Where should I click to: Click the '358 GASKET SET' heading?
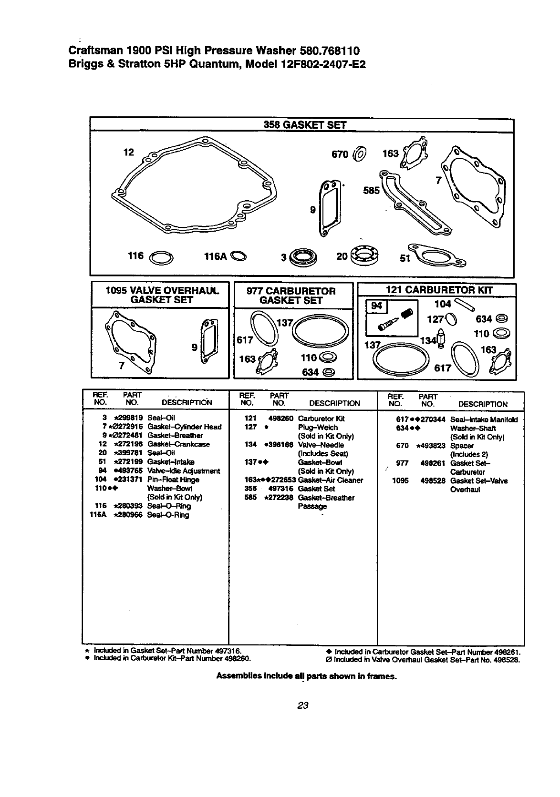(305, 125)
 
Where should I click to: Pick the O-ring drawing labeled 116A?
(239, 256)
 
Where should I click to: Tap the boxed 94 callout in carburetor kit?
(377, 306)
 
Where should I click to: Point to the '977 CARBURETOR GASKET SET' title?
(291, 296)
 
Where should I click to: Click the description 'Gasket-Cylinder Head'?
(185, 427)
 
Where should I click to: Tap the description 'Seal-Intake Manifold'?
(484, 419)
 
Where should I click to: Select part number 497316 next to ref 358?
(280, 489)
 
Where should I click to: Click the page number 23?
(303, 705)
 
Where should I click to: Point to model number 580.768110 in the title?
(330, 51)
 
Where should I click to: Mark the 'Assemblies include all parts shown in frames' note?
(307, 676)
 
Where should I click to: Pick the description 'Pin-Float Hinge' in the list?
(173, 480)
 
